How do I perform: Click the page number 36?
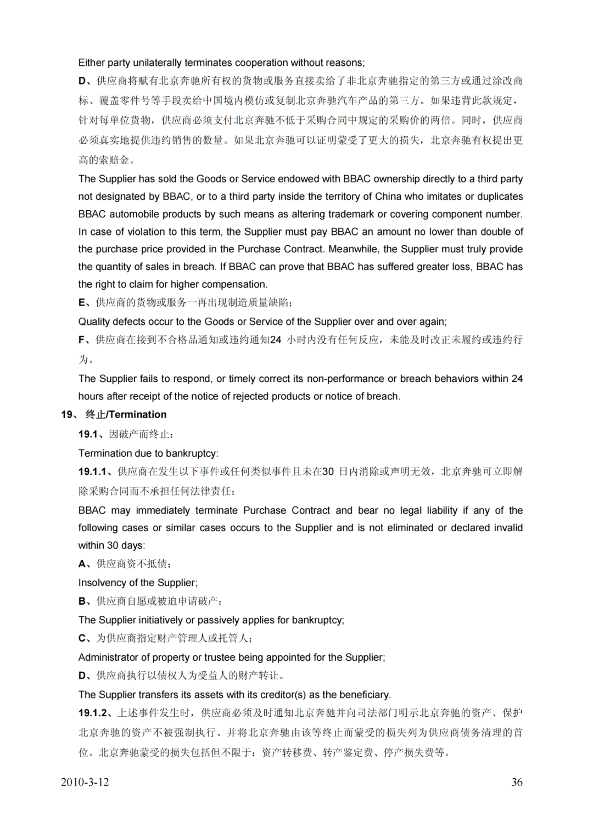(x=517, y=782)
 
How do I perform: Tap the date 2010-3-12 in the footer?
(x=85, y=782)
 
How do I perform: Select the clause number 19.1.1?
(x=92, y=471)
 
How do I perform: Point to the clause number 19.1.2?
(x=92, y=713)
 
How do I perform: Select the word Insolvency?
(x=100, y=583)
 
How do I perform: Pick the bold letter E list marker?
(x=82, y=302)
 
